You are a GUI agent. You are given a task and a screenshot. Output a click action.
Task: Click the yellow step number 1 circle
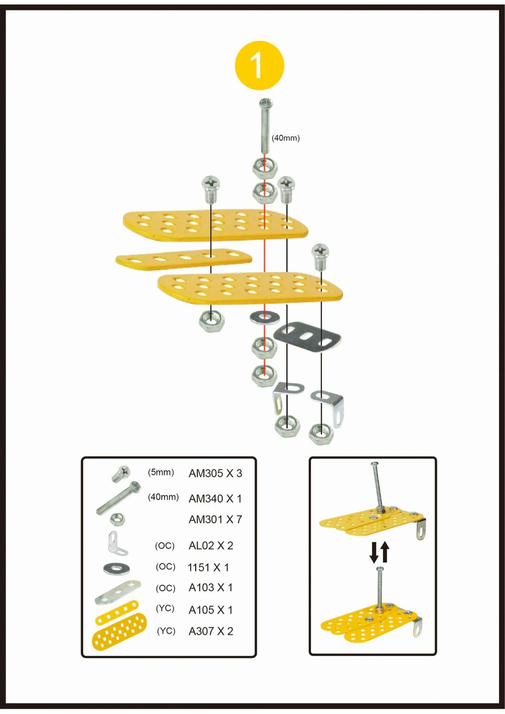[259, 66]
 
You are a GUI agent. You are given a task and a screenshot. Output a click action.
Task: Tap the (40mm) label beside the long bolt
[285, 138]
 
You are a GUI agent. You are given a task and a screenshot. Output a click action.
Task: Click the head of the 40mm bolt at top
[266, 103]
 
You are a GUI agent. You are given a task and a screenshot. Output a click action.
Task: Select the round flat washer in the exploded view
[265, 317]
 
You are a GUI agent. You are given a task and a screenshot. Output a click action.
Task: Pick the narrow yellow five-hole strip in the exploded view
[184, 259]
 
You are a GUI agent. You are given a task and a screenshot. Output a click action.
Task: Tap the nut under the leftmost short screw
[211, 321]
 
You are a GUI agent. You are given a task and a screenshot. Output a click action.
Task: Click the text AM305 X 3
[215, 473]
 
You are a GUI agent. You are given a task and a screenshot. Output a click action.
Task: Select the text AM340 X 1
[215, 499]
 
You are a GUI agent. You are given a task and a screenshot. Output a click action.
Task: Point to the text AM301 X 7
[215, 519]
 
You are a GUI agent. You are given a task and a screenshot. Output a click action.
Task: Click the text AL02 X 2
[211, 546]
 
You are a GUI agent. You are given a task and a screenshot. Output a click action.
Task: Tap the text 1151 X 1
[208, 568]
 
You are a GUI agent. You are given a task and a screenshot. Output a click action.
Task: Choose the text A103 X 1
[210, 588]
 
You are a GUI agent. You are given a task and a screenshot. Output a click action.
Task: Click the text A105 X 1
[210, 610]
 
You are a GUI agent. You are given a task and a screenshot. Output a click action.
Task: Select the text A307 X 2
[211, 631]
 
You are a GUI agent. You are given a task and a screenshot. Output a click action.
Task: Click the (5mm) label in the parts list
[161, 472]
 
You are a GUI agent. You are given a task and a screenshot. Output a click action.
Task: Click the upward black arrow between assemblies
[385, 552]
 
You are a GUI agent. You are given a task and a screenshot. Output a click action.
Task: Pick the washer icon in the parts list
[117, 569]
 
